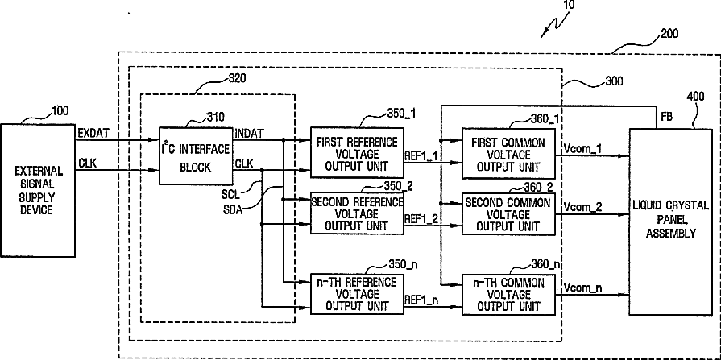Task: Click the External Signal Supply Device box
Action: click(x=38, y=190)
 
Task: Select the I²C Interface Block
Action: click(x=196, y=156)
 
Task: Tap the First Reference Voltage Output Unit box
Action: click(x=358, y=153)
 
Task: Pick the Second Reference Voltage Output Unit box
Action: click(x=358, y=213)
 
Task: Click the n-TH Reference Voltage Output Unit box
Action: click(x=358, y=294)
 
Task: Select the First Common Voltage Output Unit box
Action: click(x=508, y=154)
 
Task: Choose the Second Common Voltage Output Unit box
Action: click(x=508, y=213)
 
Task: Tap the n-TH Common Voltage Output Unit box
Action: click(x=508, y=294)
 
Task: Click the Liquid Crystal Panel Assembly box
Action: click(x=670, y=221)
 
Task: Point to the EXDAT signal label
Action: click(x=94, y=134)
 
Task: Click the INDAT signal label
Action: click(x=249, y=134)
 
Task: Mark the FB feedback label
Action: click(x=667, y=118)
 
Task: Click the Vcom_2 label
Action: click(x=582, y=206)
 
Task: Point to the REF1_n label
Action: click(x=422, y=300)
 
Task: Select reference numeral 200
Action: click(x=669, y=34)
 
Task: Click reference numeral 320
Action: click(x=238, y=78)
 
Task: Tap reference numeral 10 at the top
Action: click(x=569, y=4)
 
